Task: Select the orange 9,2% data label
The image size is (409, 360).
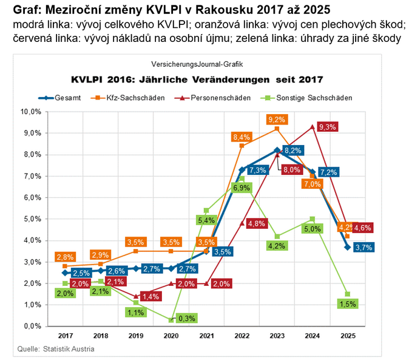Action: click(276, 120)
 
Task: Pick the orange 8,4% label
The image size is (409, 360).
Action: click(242, 137)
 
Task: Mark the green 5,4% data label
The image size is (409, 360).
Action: click(206, 220)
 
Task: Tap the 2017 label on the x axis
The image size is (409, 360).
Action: click(66, 335)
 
